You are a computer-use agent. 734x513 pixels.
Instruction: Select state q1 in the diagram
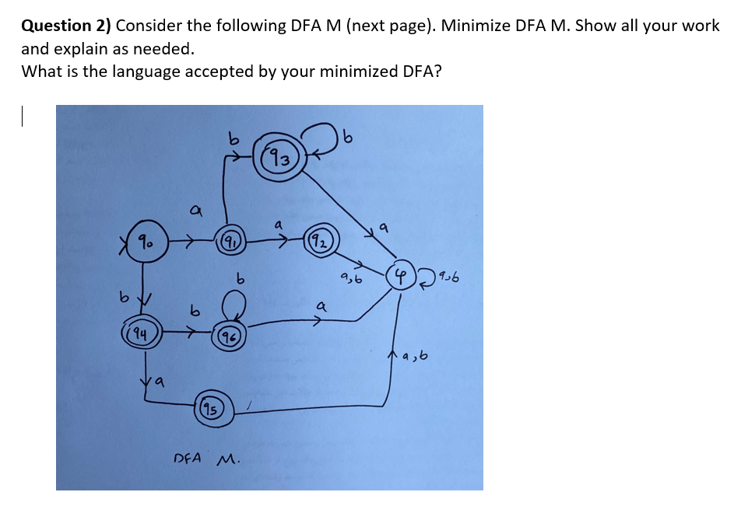click(x=230, y=243)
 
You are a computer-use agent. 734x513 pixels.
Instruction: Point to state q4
click(x=142, y=335)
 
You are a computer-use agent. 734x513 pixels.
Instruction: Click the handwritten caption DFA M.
click(x=205, y=459)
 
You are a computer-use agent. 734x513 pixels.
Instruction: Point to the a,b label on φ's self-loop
click(x=450, y=276)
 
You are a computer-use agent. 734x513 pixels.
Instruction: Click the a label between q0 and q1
click(x=196, y=211)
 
